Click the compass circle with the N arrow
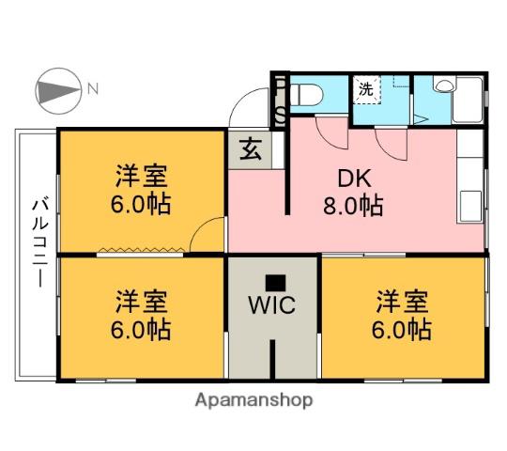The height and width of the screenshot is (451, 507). pyautogui.click(x=58, y=91)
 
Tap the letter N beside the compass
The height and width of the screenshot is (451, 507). pyautogui.click(x=93, y=88)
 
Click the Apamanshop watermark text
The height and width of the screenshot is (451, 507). pyautogui.click(x=253, y=401)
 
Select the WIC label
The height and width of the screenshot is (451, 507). pyautogui.click(x=271, y=304)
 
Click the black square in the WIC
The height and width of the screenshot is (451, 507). pyautogui.click(x=275, y=283)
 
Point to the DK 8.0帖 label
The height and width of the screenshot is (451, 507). pyautogui.click(x=353, y=193)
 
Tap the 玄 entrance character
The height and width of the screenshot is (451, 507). pyautogui.click(x=251, y=148)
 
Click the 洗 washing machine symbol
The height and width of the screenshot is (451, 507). pyautogui.click(x=366, y=89)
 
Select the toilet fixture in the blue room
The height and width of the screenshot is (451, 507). pyautogui.click(x=306, y=95)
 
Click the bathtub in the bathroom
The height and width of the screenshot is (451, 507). pyautogui.click(x=468, y=100)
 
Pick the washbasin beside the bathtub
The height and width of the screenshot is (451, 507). pyautogui.click(x=443, y=86)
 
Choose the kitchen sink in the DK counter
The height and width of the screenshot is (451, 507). pyautogui.click(x=470, y=206)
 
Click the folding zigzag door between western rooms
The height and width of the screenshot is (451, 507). pyautogui.click(x=142, y=250)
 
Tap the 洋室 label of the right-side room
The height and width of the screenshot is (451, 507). pyautogui.click(x=402, y=302)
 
